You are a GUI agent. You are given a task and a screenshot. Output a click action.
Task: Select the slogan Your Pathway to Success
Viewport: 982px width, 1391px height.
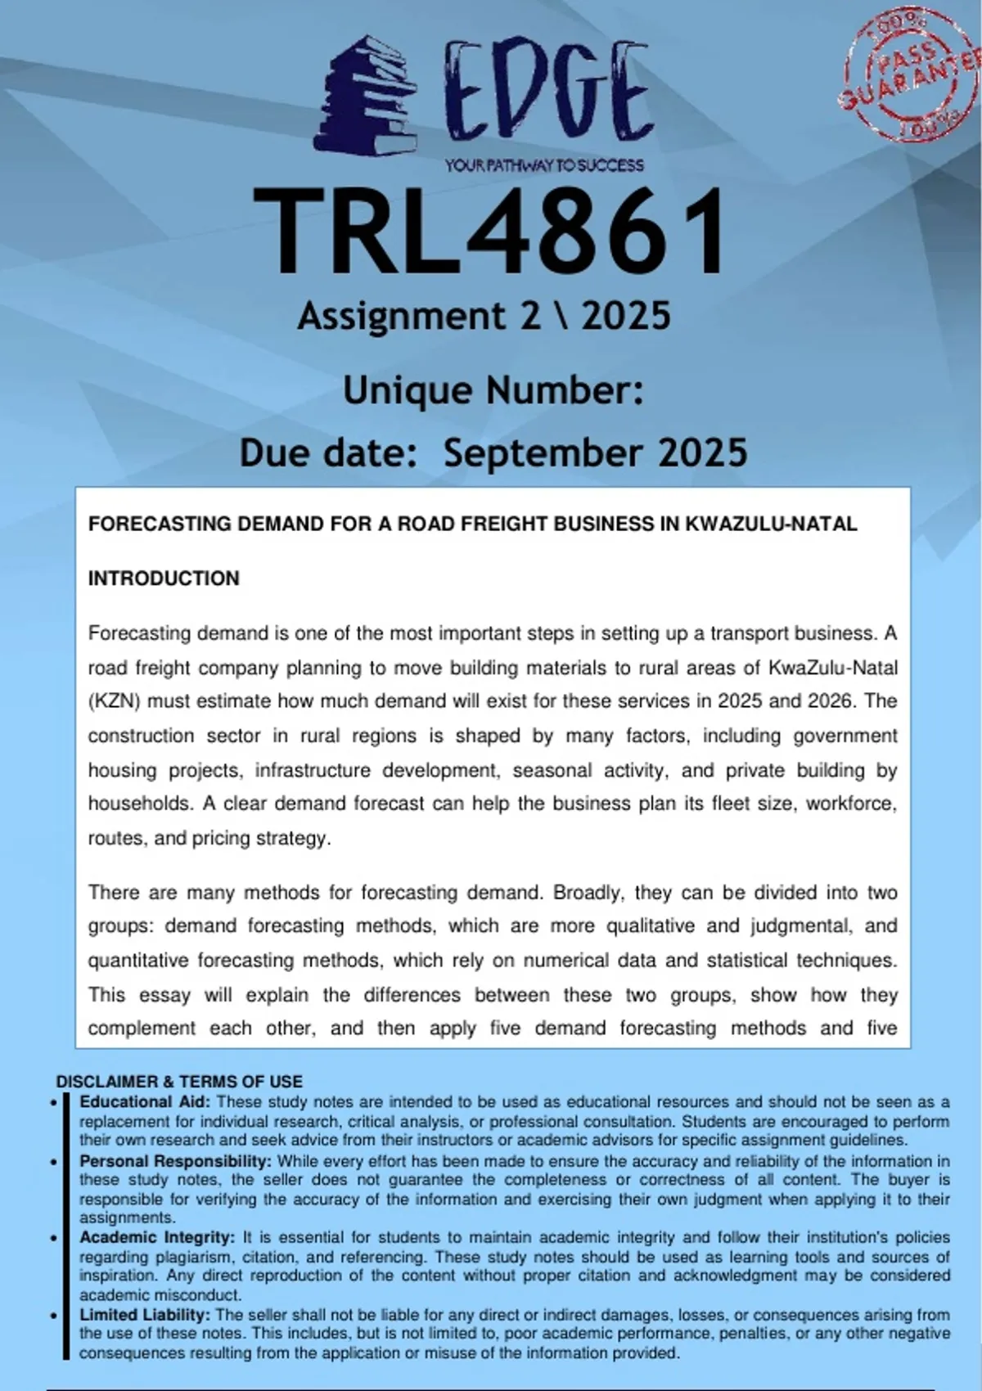[544, 165]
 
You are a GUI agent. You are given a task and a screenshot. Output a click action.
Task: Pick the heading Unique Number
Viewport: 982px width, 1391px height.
[493, 390]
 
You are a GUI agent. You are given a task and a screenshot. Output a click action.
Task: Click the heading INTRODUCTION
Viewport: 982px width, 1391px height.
[164, 578]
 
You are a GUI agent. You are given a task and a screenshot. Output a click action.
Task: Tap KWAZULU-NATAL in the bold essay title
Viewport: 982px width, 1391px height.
[771, 524]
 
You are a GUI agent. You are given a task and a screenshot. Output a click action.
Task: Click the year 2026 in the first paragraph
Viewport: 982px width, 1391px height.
[832, 701]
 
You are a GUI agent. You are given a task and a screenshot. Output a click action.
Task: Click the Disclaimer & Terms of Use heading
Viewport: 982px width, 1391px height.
[179, 1082]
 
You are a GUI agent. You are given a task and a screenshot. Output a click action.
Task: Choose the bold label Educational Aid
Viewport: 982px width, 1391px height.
[145, 1102]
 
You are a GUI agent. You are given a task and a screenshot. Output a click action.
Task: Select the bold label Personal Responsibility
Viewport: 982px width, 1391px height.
[175, 1161]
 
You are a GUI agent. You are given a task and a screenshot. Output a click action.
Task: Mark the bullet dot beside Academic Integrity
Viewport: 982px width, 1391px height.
[54, 1239]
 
